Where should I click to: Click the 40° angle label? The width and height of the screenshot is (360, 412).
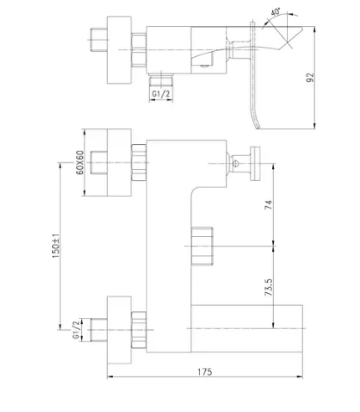tap(275, 12)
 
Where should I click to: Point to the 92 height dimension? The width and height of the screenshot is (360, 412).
tap(310, 77)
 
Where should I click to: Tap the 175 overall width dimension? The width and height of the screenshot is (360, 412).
tap(205, 372)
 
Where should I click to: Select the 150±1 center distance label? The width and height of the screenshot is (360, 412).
tap(56, 245)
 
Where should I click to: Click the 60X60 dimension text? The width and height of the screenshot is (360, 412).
tap(80, 162)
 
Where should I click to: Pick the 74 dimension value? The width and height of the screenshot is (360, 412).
tap(268, 205)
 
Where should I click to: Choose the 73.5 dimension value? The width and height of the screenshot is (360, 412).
tap(269, 287)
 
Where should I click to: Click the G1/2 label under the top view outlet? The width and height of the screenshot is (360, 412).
tap(161, 94)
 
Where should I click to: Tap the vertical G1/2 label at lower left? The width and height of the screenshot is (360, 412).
tap(75, 330)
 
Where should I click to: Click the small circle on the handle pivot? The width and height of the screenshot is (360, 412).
tap(235, 163)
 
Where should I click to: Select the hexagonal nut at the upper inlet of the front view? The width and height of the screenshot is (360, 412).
tap(139, 162)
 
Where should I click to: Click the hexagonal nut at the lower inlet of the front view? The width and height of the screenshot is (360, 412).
tap(139, 330)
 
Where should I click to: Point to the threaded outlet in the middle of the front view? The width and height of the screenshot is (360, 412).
tap(203, 246)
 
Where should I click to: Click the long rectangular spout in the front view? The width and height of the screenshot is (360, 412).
tap(247, 328)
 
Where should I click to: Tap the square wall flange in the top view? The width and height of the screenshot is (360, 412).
tap(119, 49)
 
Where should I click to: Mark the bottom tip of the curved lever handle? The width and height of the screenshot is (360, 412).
tap(258, 128)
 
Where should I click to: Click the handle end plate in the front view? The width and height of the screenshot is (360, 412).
tap(255, 163)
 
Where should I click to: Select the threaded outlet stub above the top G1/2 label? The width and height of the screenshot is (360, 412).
tap(161, 81)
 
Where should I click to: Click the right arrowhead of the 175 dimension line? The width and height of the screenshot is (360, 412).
tap(300, 377)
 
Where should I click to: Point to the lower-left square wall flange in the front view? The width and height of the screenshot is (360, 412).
tap(119, 330)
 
